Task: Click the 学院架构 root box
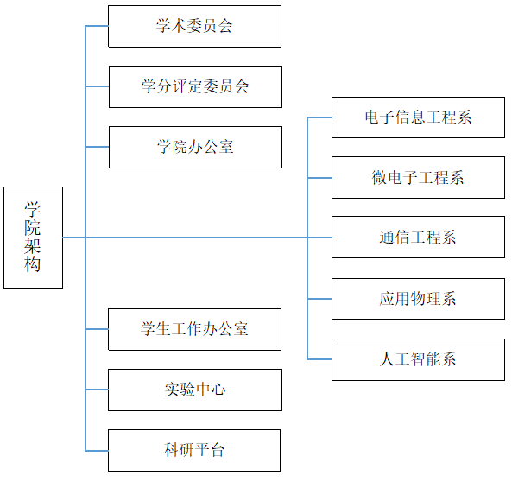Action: tap(34, 238)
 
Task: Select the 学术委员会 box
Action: tap(194, 26)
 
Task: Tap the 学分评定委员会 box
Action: tap(195, 86)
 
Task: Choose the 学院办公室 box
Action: tap(195, 147)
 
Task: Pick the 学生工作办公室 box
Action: tap(194, 329)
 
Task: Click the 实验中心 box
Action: tap(195, 390)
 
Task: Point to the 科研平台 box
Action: tap(194, 450)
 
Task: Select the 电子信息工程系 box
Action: tap(418, 117)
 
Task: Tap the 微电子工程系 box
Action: tap(418, 177)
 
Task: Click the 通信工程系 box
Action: tap(418, 237)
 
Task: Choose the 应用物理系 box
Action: tap(418, 299)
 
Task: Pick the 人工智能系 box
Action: tap(418, 359)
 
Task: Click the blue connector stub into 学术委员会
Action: tap(97, 26)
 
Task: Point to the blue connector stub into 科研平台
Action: tap(97, 451)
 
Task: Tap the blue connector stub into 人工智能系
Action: tap(319, 359)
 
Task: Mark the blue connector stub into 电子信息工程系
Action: tap(319, 117)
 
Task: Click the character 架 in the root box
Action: tap(32, 246)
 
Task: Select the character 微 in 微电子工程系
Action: tap(379, 177)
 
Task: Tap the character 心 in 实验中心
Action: tap(218, 390)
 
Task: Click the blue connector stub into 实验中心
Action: tap(97, 390)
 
